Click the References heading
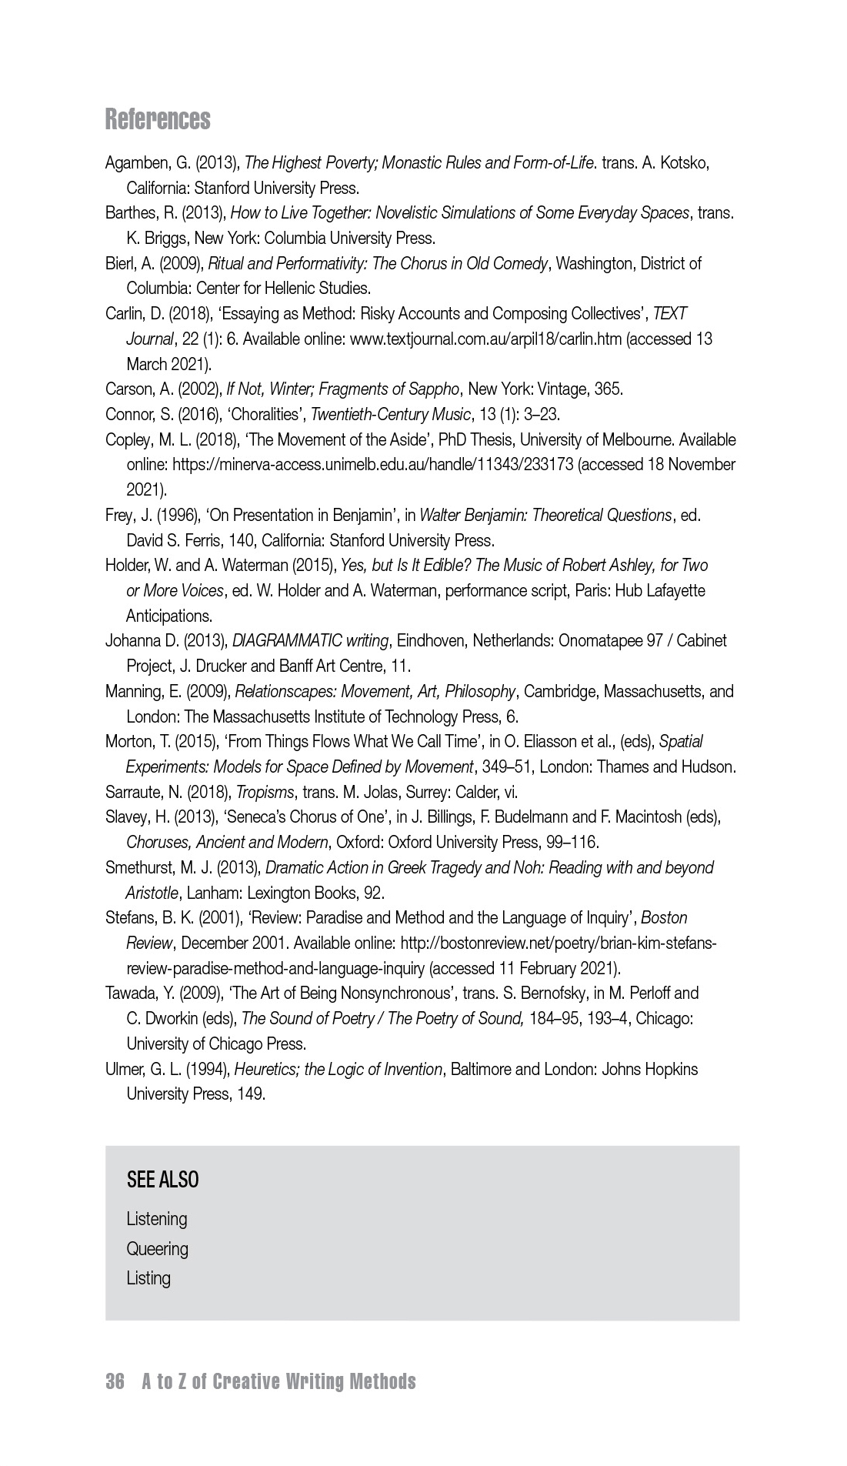tap(158, 119)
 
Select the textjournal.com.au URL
tap(485, 339)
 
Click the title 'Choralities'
tap(262, 415)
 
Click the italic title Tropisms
tap(265, 793)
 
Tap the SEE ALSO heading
tap(162, 1180)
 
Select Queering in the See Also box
tap(157, 1248)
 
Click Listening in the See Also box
tap(157, 1219)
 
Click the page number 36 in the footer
tap(115, 1381)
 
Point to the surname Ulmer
tap(124, 1070)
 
